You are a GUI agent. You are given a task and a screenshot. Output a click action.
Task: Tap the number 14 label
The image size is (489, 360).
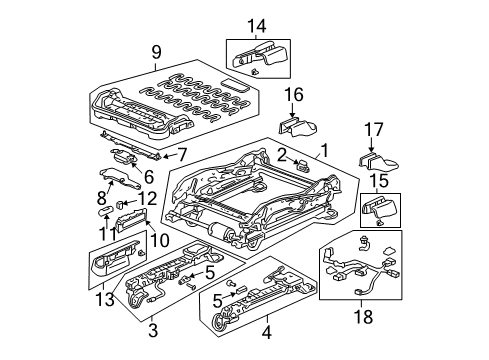256,24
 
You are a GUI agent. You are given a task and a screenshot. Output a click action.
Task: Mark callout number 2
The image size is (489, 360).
283,153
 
